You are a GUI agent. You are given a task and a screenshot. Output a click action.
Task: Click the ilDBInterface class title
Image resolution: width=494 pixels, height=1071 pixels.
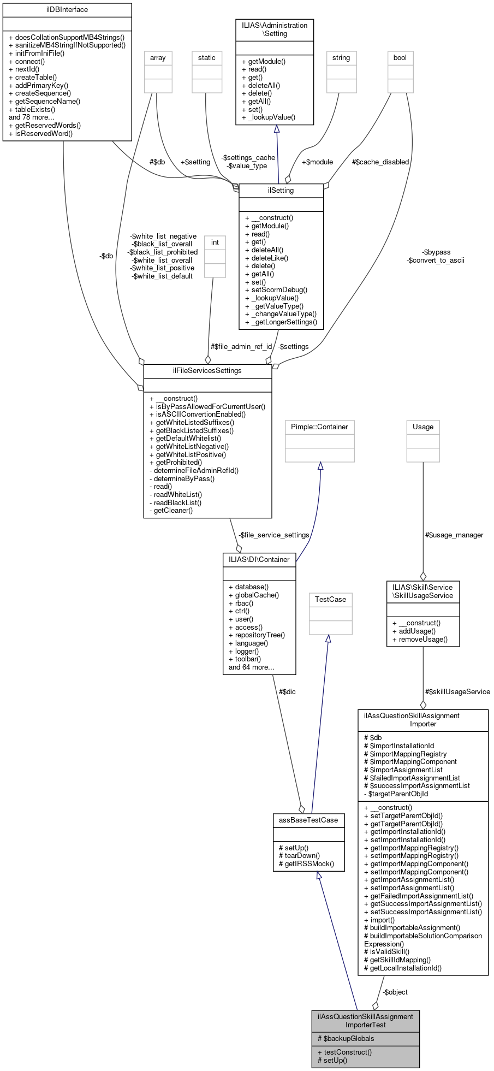pyautogui.click(x=67, y=10)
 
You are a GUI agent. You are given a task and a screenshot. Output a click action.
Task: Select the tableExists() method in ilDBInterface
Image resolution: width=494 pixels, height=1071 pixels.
pyautogui.click(x=35, y=109)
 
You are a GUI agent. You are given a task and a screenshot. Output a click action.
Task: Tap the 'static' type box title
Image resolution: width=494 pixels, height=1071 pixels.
pyautogui.click(x=207, y=58)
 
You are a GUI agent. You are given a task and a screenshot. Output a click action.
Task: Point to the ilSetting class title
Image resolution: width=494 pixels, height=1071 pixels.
pyautogui.click(x=281, y=191)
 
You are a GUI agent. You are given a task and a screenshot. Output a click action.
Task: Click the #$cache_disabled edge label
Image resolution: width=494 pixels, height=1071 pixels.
pyautogui.click(x=380, y=162)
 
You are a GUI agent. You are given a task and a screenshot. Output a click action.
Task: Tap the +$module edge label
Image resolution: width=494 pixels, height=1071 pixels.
pyautogui.click(x=317, y=162)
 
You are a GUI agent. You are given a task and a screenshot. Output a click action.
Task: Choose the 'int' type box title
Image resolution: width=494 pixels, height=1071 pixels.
pyautogui.click(x=215, y=242)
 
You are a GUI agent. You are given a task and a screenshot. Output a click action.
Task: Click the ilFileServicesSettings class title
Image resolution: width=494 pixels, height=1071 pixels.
pyautogui.click(x=207, y=371)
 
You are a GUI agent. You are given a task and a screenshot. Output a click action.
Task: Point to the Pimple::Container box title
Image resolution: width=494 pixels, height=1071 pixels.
pyautogui.click(x=319, y=427)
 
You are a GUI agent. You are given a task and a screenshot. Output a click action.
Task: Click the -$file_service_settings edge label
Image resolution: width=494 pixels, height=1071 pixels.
pyautogui.click(x=273, y=535)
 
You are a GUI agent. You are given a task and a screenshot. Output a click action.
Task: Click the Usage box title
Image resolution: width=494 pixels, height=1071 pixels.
pyautogui.click(x=423, y=427)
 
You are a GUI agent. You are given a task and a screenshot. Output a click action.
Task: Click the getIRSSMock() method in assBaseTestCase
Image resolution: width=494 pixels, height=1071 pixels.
pyautogui.click(x=310, y=864)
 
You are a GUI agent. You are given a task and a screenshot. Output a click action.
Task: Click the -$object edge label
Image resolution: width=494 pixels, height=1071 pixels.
pyautogui.click(x=395, y=992)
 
